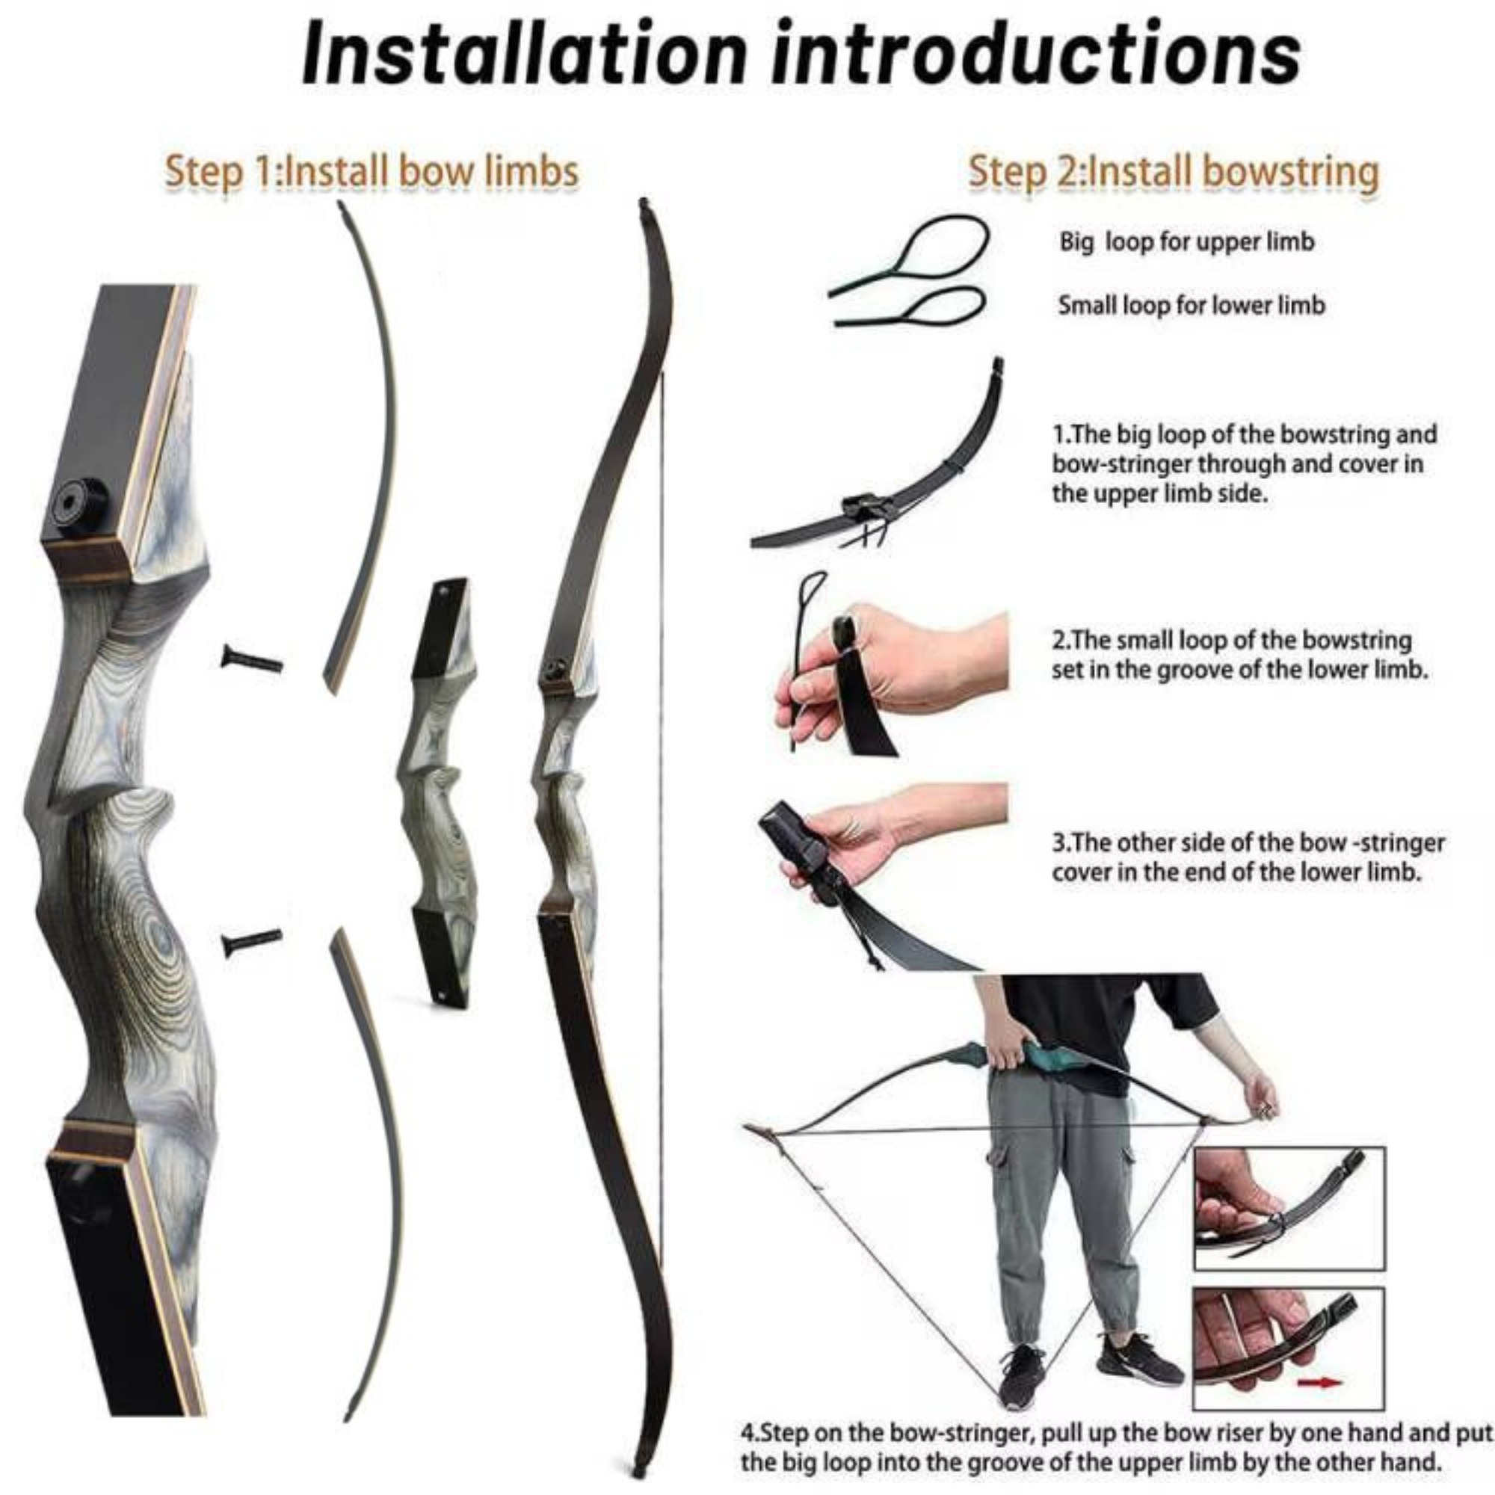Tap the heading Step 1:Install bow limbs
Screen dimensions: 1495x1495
(372, 172)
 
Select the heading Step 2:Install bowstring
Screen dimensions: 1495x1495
(1174, 172)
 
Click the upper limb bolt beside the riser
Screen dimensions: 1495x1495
(252, 660)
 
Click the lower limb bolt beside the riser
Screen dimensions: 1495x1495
(252, 942)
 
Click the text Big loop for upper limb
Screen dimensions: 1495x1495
(1186, 242)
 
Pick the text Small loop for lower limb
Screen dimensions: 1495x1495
(1192, 306)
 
